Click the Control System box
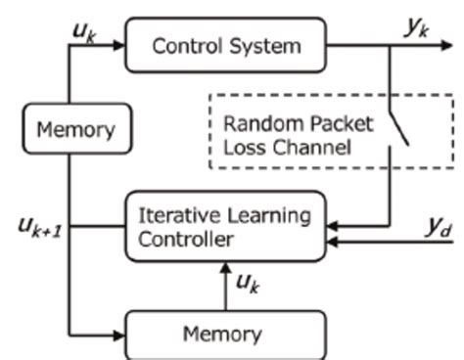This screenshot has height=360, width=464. (x=224, y=45)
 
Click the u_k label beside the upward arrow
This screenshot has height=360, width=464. (x=249, y=283)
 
